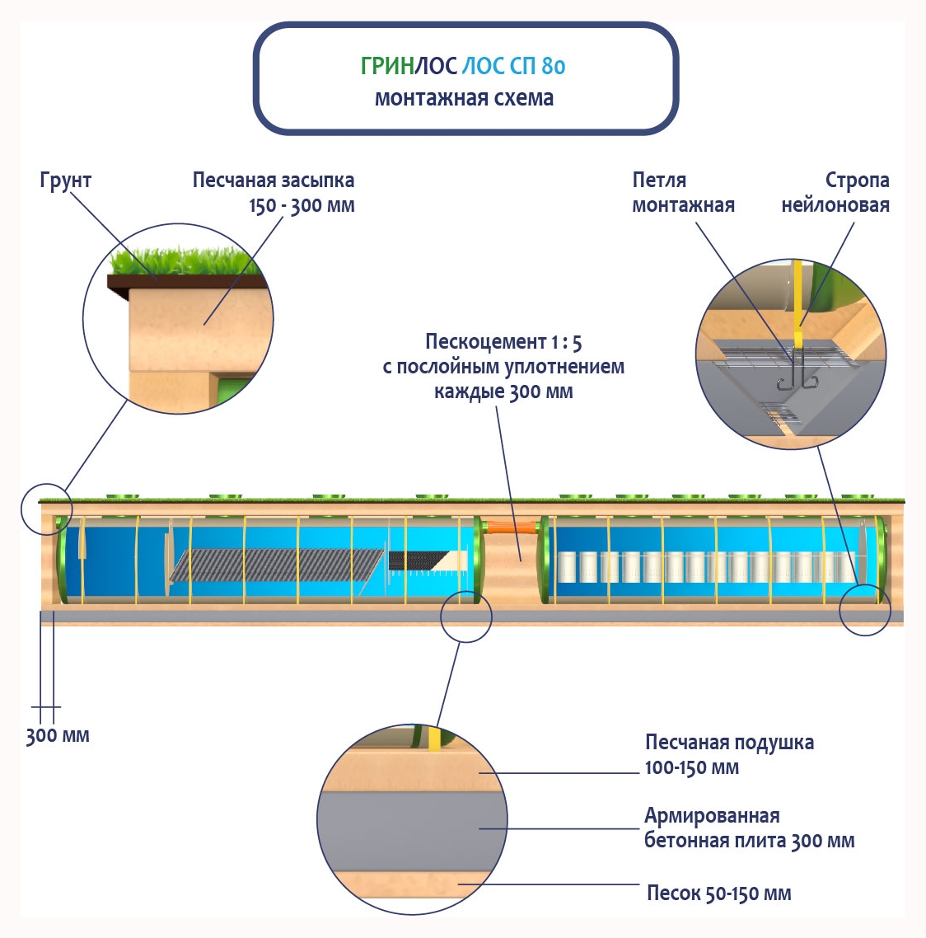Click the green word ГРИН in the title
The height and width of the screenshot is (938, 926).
386,66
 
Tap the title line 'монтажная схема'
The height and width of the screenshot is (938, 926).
464,98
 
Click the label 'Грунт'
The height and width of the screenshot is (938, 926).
65,181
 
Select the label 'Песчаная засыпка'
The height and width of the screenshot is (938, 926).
274,181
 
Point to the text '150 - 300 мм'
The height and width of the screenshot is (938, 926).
302,205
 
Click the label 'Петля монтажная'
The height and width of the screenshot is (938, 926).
683,193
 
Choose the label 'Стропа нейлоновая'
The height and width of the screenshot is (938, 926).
835,193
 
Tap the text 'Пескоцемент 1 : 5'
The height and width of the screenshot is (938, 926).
503,342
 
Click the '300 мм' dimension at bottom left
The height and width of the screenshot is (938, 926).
57,736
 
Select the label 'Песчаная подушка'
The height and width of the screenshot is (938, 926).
729,743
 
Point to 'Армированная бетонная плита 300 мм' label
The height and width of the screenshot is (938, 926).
749,828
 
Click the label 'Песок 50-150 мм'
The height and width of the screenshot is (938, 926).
718,893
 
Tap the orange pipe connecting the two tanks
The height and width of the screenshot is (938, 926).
511,528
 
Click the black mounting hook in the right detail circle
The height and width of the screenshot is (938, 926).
795,375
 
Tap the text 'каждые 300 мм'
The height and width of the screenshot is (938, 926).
503,392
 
